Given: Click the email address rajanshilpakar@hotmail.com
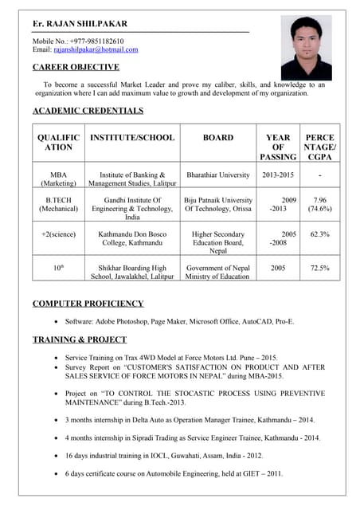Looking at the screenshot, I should pyautogui.click(x=96, y=49).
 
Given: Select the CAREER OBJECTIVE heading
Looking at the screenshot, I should pyautogui.click(x=76, y=67).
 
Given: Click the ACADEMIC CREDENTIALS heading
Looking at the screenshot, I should pyautogui.click(x=88, y=111).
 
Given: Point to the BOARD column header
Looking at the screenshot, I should pyautogui.click(x=217, y=138).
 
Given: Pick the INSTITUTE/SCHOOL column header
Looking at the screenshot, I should pyautogui.click(x=132, y=138).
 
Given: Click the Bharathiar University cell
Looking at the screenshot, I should pyautogui.click(x=217, y=175).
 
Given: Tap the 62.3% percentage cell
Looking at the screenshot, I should pyautogui.click(x=319, y=234).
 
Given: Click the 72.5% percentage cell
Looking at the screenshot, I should pyautogui.click(x=319, y=269).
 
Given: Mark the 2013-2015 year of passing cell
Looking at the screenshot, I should pyautogui.click(x=278, y=175).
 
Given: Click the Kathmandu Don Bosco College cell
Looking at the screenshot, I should pyautogui.click(x=132, y=239).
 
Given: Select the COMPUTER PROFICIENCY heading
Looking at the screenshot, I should pyautogui.click(x=88, y=304).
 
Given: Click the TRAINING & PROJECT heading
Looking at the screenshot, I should pyautogui.click(x=79, y=339).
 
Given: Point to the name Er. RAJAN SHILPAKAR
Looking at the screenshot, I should pyautogui.click(x=74, y=24).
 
